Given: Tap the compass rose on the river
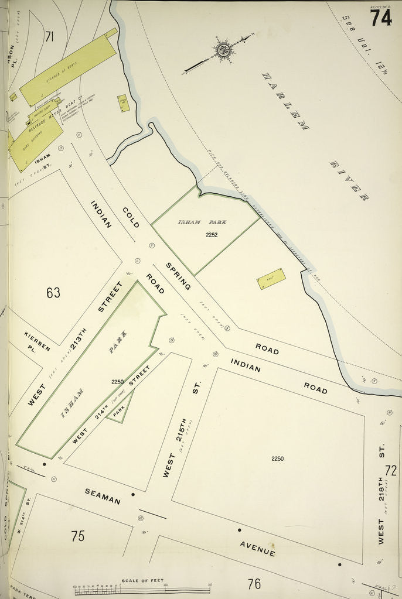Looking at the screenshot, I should (223, 50).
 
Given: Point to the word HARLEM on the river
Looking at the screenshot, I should (285, 101).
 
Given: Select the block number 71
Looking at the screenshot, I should (49, 37).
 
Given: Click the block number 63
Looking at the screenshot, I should (53, 292).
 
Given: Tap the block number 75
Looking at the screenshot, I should (77, 535).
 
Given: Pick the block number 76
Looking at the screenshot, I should (254, 583).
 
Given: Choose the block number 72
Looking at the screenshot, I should (391, 470).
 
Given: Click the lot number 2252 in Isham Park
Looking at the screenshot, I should (212, 235).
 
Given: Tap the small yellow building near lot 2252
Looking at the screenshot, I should (271, 279).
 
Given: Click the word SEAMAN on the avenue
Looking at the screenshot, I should (103, 496).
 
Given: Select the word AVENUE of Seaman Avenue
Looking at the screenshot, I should (257, 548).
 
